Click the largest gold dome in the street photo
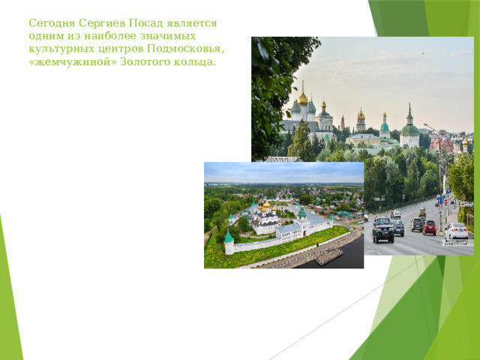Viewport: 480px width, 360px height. tap(303, 99)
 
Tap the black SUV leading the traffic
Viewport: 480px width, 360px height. tap(383, 229)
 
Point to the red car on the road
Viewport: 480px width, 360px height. tap(430, 227)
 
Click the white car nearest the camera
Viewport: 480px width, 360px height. tap(456, 232)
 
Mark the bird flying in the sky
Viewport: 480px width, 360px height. tap(421, 53)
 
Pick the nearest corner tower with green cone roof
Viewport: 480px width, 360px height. tap(229, 238)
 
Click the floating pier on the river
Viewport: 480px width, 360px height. tap(329, 257)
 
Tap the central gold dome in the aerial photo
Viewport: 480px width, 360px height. tap(265, 205)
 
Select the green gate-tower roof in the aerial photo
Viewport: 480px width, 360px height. tap(302, 213)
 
